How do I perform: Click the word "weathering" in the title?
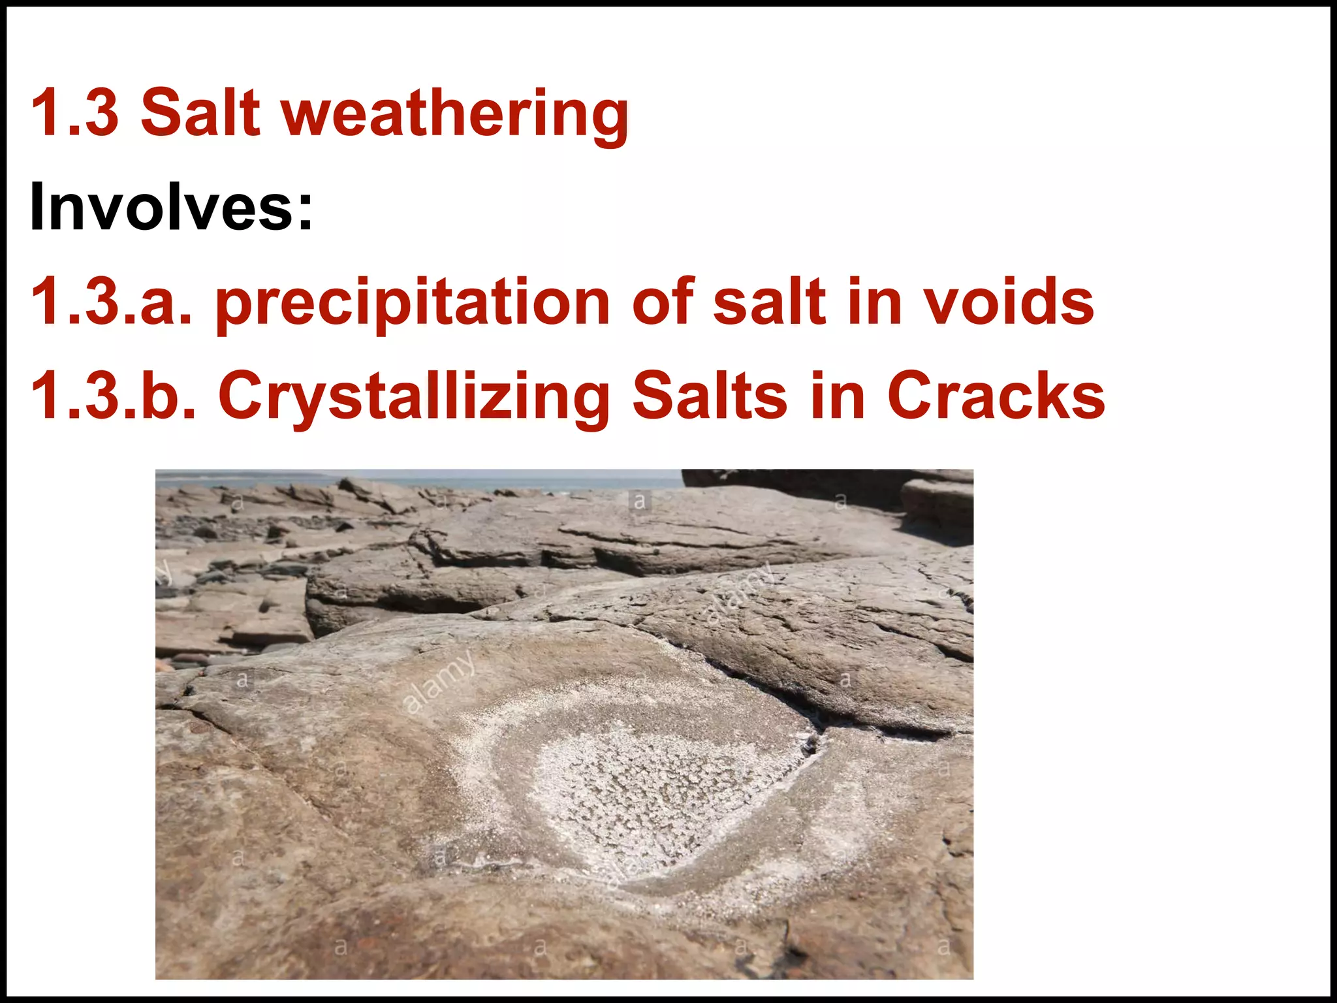[x=454, y=114]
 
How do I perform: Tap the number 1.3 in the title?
[x=74, y=114]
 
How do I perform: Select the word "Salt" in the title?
[x=200, y=114]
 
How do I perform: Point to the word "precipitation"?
[x=413, y=302]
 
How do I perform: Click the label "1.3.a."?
[x=112, y=302]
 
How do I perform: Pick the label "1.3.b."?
[x=113, y=396]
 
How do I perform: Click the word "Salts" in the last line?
[x=710, y=396]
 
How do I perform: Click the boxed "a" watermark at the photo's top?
[x=640, y=501]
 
